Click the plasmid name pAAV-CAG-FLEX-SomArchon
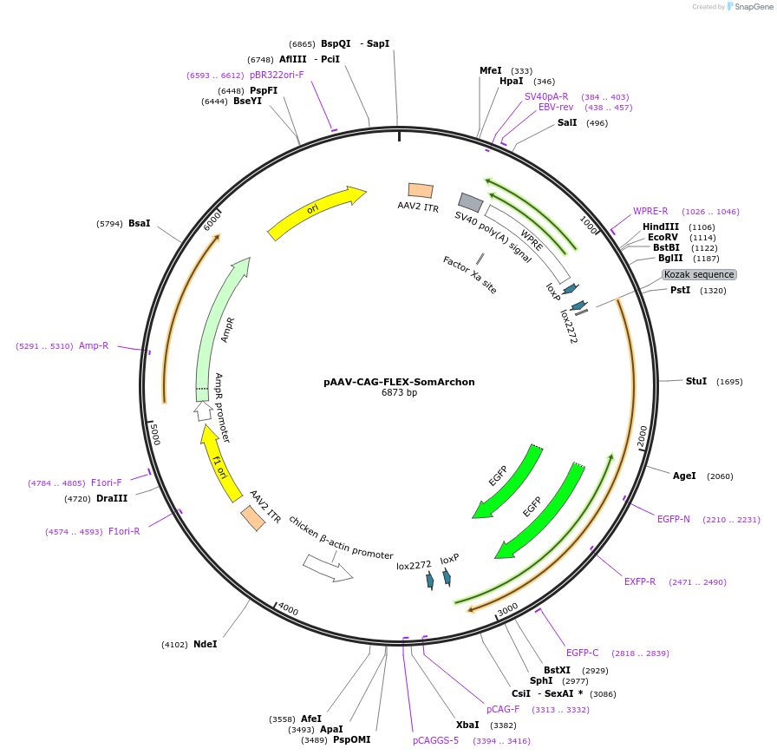click(x=399, y=382)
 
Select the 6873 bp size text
click(x=399, y=393)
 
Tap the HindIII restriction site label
click(x=661, y=227)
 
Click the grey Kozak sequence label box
click(x=699, y=275)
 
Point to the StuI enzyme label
click(x=696, y=382)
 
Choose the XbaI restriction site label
click(x=467, y=725)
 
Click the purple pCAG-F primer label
click(x=503, y=710)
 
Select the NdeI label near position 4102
click(x=206, y=644)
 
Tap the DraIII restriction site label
click(x=112, y=498)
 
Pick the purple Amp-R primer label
click(x=94, y=345)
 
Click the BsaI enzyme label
click(x=140, y=223)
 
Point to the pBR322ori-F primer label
click(x=277, y=75)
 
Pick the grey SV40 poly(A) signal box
click(x=471, y=202)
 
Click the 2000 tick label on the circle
click(x=643, y=437)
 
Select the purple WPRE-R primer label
click(x=650, y=211)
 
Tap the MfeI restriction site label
click(x=491, y=71)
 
